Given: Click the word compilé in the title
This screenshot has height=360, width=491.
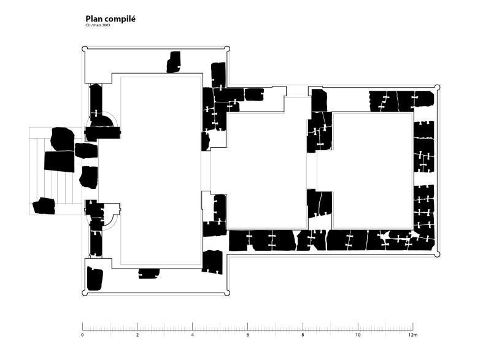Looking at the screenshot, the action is [120, 20].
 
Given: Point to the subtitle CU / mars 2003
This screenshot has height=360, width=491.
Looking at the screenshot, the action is [98, 25].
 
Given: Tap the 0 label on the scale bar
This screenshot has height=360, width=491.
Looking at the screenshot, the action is [82, 335].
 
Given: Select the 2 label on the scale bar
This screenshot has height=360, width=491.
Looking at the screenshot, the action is [137, 335].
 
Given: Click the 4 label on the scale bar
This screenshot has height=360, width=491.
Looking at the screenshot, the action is [193, 335].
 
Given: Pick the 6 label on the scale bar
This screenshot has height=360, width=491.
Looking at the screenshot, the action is [248, 335].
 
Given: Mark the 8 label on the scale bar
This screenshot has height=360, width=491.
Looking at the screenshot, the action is [303, 335].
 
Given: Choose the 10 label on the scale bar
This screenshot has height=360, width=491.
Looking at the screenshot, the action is [358, 335].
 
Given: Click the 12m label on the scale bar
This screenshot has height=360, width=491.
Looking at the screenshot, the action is [413, 335].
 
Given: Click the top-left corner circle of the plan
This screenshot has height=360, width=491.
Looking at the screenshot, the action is [85, 49].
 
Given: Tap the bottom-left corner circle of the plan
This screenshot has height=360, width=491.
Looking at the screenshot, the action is [85, 293].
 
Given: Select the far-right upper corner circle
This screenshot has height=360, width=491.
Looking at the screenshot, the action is [437, 88].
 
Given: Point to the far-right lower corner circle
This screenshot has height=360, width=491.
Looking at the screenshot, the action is [437, 255].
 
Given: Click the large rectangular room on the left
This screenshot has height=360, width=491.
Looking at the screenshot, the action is [161, 170].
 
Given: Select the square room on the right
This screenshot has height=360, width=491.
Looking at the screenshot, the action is [373, 170].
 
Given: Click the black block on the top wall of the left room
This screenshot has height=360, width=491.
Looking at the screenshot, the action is [174, 62].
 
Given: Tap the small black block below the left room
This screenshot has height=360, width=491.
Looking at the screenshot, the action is [149, 274].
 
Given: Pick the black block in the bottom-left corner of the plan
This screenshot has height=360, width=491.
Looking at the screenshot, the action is [95, 278].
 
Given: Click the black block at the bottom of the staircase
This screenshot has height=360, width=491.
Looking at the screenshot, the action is [44, 206].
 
